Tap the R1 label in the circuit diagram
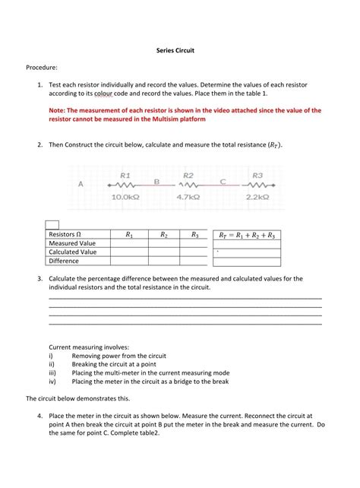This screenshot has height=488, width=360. (125, 174)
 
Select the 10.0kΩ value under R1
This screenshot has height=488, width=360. (126, 197)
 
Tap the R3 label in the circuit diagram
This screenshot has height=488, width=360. (257, 174)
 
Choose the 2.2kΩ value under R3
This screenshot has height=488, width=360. (257, 197)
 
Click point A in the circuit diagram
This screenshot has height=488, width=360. (81, 183)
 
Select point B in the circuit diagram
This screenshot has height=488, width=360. (156, 182)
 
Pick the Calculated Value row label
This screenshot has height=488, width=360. (73, 252)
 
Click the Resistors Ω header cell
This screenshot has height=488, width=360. (66, 235)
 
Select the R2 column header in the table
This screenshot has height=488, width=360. (164, 235)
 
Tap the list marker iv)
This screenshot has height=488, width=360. (52, 382)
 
